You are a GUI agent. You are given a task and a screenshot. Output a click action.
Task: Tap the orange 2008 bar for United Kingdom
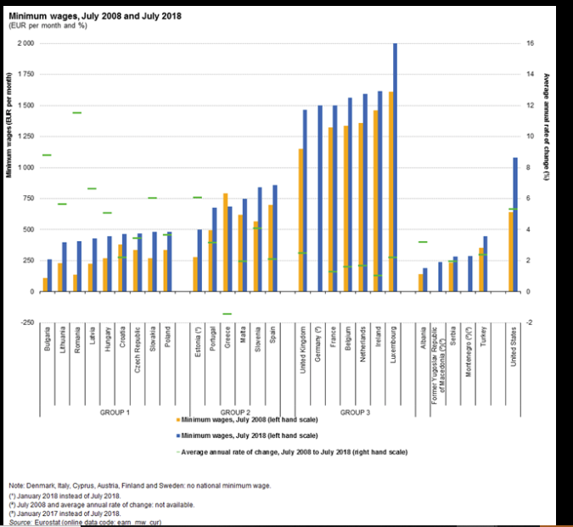tap(300, 220)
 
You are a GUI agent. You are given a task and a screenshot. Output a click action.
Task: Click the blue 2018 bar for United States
tap(515, 224)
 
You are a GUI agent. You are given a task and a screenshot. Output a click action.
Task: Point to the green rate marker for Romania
tap(76, 113)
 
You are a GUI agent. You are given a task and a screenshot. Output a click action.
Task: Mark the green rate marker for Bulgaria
tap(47, 155)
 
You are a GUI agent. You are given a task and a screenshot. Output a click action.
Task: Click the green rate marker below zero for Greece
tap(228, 314)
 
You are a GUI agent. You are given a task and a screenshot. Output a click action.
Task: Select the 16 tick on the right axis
tap(529, 43)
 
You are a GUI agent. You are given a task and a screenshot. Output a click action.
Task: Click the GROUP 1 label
tap(115, 411)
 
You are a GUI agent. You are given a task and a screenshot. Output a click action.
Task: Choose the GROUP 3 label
tap(355, 411)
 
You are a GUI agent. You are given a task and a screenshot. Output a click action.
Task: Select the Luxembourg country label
tap(393, 349)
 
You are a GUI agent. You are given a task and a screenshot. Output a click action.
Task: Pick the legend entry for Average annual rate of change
tap(293, 451)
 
